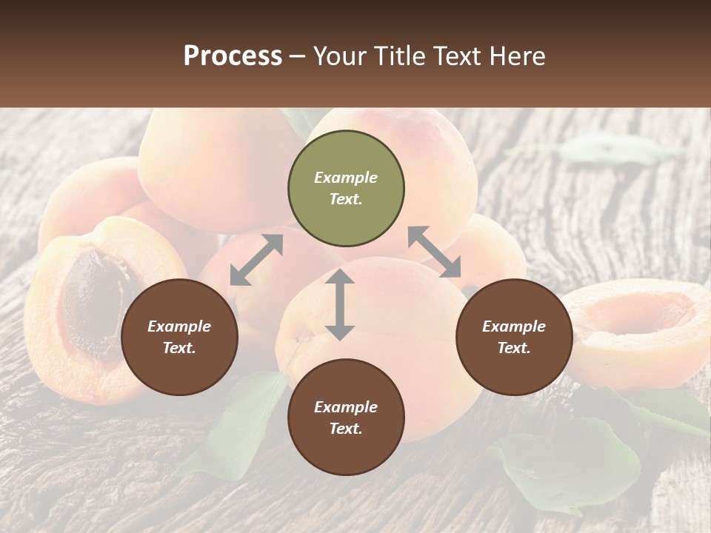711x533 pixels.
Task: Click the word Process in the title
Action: [233, 56]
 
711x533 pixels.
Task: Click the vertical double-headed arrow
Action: [340, 304]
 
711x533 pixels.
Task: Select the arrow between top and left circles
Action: [256, 260]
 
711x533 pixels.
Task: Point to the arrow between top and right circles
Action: [434, 252]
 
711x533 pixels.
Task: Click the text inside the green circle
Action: [346, 189]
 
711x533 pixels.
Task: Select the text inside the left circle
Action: [179, 337]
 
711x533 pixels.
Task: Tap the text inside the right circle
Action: [514, 337]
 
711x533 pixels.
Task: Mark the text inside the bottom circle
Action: [346, 418]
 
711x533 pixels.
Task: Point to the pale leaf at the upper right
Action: [607, 150]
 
